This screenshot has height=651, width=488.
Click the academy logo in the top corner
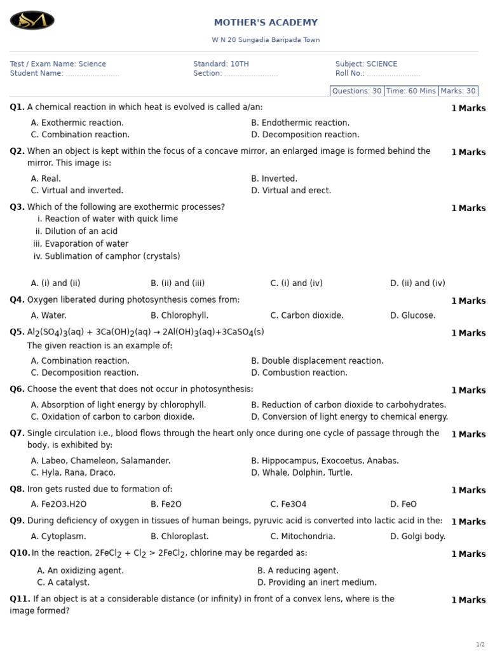tap(32, 20)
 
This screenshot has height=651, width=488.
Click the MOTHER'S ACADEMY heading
tap(266, 23)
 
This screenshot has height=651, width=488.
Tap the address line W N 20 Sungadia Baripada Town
tap(266, 40)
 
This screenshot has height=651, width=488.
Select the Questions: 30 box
tap(356, 91)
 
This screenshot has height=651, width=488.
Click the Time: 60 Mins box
tap(411, 91)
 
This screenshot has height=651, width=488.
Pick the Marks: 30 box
tap(458, 91)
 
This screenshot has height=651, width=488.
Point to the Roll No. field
tap(377, 74)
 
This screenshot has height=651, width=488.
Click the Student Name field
tap(64, 74)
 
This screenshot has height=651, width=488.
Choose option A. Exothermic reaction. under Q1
tap(77, 123)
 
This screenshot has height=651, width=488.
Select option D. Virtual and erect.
tap(291, 191)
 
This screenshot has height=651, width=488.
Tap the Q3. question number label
tap(17, 207)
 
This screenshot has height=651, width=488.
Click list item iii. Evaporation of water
tap(81, 244)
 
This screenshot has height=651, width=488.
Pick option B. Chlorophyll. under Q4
tap(179, 315)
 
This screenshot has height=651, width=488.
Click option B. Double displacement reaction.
tap(317, 361)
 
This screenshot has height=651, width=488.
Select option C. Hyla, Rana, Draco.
tap(73, 473)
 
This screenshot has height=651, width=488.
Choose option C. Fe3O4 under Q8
tap(288, 504)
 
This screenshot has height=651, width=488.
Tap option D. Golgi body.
tap(417, 537)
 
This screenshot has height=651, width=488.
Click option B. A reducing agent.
tap(297, 571)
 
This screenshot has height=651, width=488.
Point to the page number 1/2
tap(480, 645)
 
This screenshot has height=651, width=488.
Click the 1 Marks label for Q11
tap(468, 600)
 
